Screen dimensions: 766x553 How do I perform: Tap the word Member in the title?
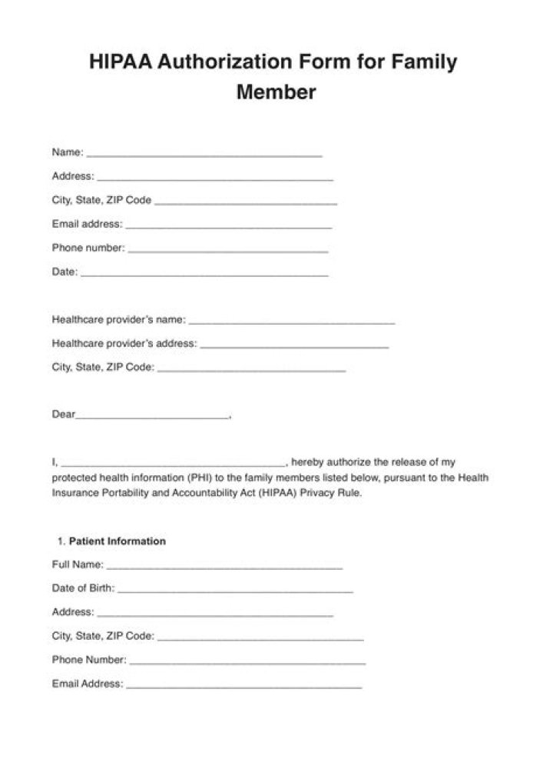click(x=276, y=92)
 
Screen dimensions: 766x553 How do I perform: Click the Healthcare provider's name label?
click(x=118, y=320)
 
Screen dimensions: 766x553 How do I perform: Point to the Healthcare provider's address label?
click(x=124, y=344)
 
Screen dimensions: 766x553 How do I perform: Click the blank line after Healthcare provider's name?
click(x=292, y=322)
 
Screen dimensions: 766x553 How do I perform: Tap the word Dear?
click(x=63, y=415)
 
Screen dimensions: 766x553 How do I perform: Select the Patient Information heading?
click(x=118, y=541)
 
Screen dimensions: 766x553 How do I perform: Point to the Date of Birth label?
click(x=83, y=588)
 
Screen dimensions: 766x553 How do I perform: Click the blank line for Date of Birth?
click(x=235, y=591)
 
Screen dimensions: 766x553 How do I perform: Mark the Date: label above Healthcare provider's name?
click(x=65, y=272)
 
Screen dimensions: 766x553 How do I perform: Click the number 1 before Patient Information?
click(x=60, y=541)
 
